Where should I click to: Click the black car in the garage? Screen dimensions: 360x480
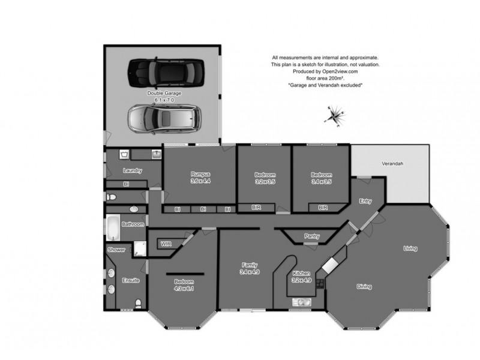point(160,73)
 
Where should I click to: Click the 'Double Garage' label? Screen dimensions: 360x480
point(164,94)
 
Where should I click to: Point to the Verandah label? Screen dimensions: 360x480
point(392,164)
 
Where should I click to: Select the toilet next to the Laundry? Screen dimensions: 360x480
point(110,196)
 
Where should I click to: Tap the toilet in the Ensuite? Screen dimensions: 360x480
point(139,302)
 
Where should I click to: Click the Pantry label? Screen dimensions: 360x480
point(312,236)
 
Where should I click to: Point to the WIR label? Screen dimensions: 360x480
point(166,244)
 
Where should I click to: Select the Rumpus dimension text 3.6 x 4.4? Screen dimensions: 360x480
point(200,181)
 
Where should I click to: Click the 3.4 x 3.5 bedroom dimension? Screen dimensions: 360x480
point(321,181)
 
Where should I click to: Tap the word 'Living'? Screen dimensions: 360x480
point(410,248)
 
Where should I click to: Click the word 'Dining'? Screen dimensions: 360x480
point(364,286)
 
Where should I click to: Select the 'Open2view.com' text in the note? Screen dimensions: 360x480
point(340,71)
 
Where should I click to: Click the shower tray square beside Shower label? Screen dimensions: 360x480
point(139,249)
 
